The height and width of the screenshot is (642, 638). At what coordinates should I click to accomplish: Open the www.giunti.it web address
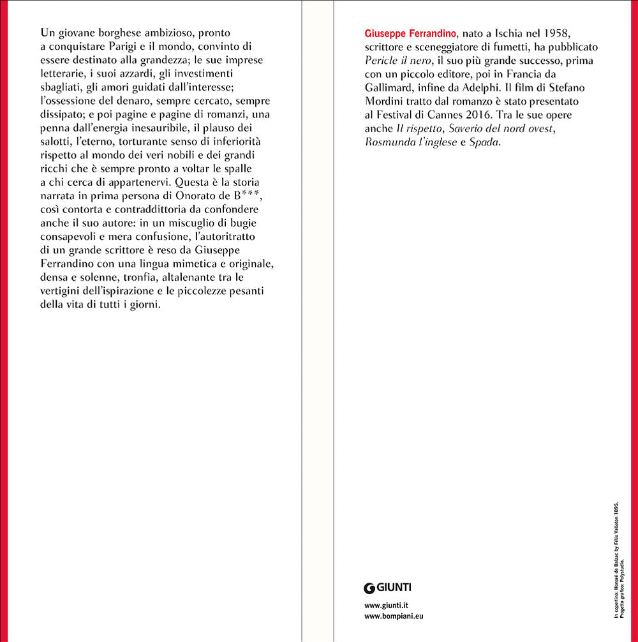386,604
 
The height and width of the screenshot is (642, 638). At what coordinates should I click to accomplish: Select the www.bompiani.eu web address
394,616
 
